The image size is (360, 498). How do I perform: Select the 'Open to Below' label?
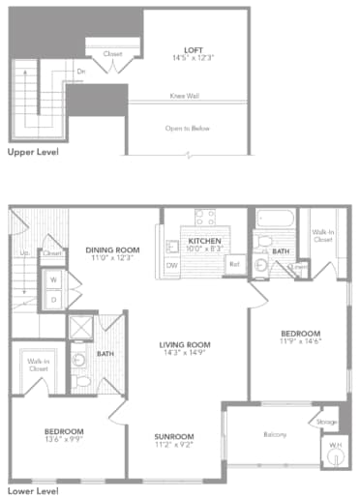coord(188,128)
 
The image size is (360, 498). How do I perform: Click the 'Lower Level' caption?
coord(30,490)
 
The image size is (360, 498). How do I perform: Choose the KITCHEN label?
coord(205,242)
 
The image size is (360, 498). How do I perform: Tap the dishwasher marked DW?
coord(172,265)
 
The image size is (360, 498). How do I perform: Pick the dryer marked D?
coord(52,300)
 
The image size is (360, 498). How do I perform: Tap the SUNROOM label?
coord(174,436)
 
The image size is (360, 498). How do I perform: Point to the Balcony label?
coord(275,434)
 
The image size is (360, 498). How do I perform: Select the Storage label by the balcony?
coord(327,422)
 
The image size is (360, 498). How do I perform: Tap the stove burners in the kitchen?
coord(204,218)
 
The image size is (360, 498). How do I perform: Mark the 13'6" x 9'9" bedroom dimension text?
coord(64,439)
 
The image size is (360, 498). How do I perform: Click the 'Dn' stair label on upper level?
coord(81,71)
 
